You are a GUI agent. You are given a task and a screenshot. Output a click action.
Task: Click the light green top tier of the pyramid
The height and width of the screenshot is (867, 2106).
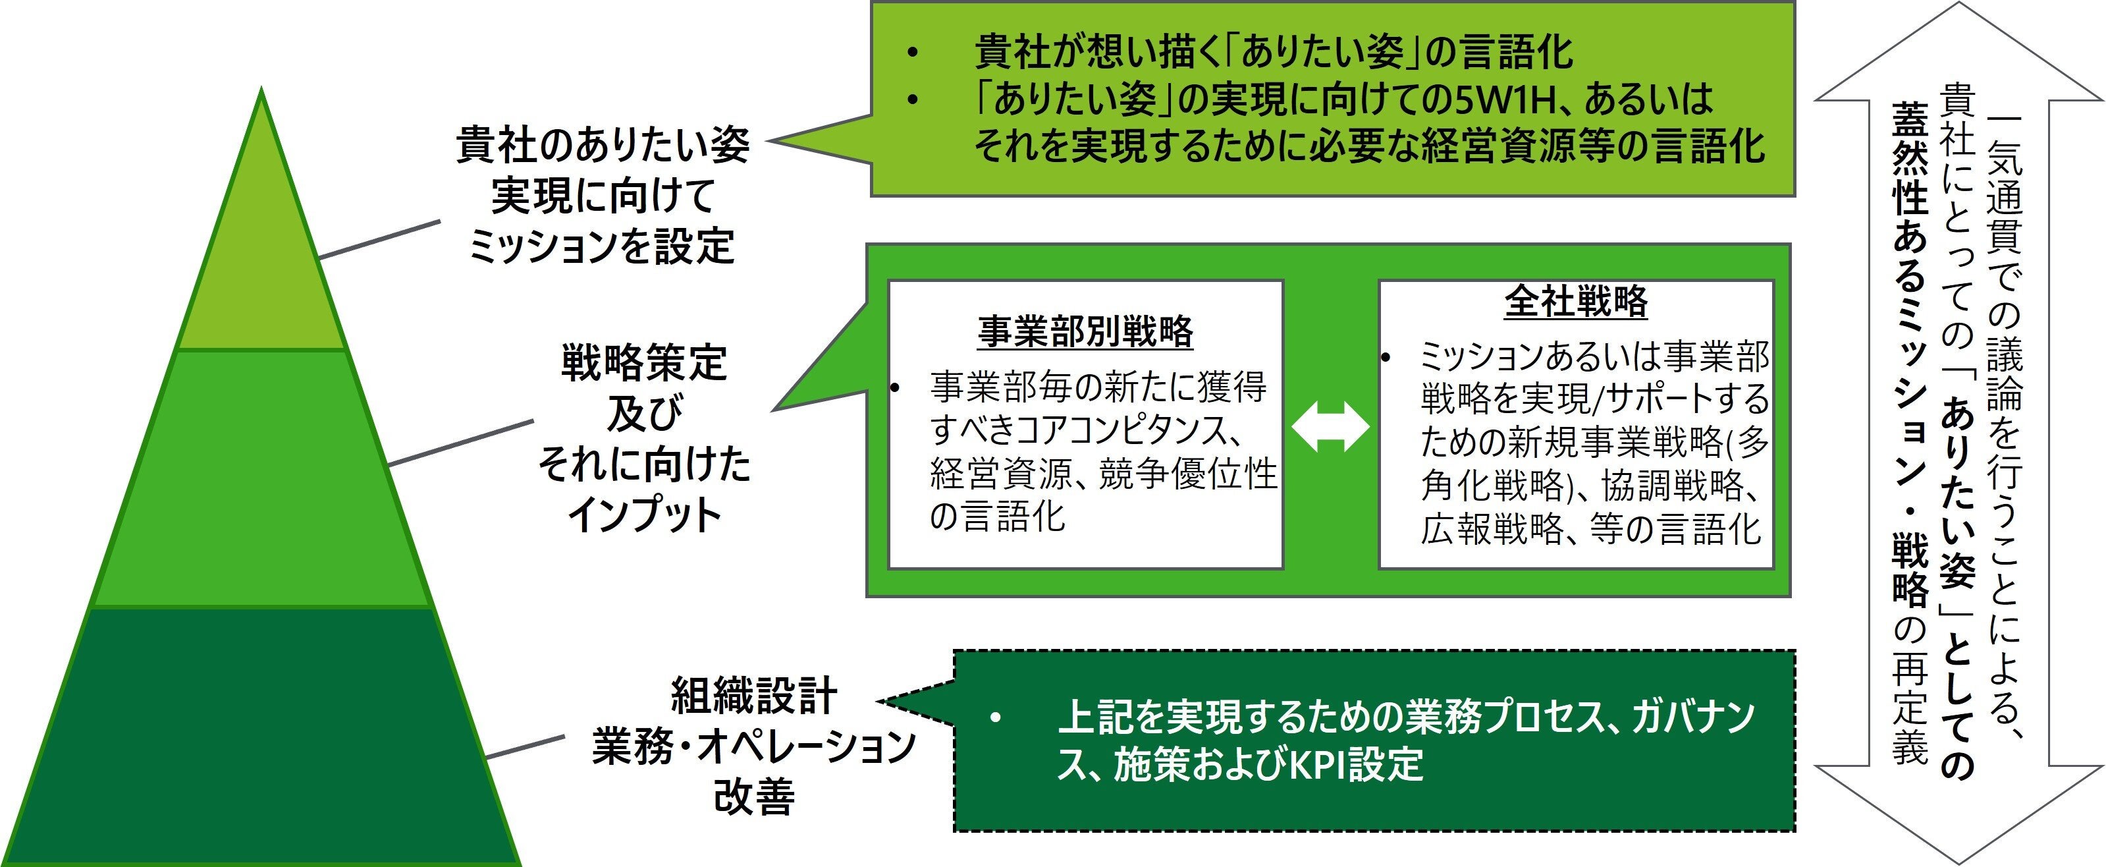(x=261, y=262)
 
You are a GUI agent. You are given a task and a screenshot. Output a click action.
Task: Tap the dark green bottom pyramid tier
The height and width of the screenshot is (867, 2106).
(x=261, y=736)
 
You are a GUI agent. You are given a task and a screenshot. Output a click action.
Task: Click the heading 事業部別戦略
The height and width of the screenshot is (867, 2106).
(x=1085, y=331)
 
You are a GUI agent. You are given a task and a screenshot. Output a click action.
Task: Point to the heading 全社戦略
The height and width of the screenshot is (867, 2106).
(x=1575, y=301)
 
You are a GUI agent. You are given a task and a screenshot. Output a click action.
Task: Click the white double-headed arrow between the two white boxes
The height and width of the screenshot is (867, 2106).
(x=1330, y=426)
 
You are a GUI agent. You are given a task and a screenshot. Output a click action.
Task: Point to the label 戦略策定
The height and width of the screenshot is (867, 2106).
(x=644, y=363)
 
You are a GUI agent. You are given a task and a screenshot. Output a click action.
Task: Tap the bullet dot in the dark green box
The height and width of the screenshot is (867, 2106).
(x=994, y=718)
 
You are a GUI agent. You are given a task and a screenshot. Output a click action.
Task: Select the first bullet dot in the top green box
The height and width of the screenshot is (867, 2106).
(x=911, y=53)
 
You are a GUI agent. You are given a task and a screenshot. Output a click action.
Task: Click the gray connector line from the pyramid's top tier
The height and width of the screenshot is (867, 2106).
(x=379, y=239)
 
